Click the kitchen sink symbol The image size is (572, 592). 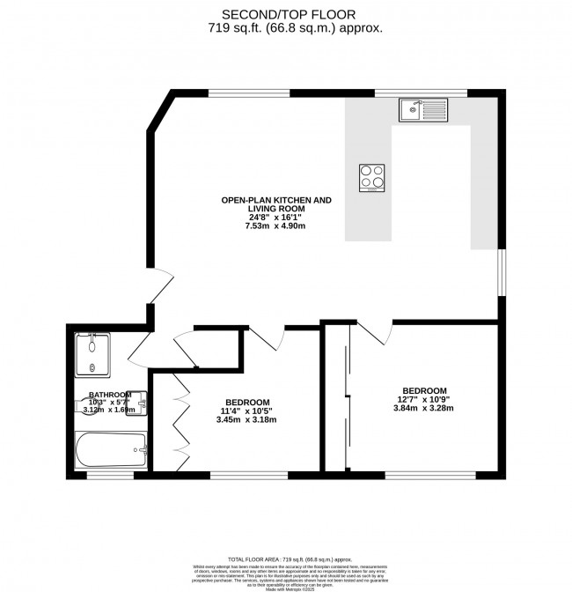point(423,110)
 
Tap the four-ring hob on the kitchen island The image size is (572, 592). point(373,177)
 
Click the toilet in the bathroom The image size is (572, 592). point(80,406)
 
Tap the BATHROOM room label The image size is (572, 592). point(109,395)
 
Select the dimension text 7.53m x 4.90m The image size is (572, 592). point(276,226)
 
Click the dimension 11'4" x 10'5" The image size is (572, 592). point(246,410)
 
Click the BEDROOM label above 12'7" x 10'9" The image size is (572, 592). point(424,390)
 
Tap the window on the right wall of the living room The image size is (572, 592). point(501,273)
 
